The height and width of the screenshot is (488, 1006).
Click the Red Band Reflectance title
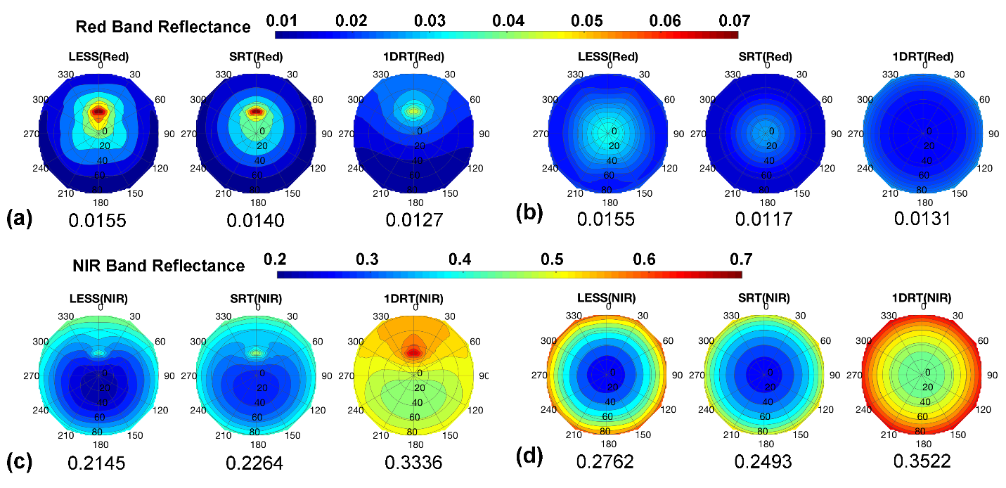pyautogui.click(x=162, y=27)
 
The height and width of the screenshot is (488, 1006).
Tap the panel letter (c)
pyautogui.click(x=19, y=462)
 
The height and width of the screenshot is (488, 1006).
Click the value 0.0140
pyautogui.click(x=255, y=221)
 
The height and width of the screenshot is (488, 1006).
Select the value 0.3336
pyautogui.click(x=414, y=462)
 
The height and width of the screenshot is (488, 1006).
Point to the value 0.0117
pyautogui.click(x=763, y=220)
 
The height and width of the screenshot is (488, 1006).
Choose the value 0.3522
pyautogui.click(x=922, y=461)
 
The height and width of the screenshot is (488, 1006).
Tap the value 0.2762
pyautogui.click(x=605, y=461)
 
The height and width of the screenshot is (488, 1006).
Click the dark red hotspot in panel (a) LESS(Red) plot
pyautogui.click(x=99, y=111)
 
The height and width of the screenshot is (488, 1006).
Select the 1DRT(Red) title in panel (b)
pyautogui.click(x=922, y=56)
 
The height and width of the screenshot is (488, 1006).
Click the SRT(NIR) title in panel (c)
pyautogui.click(x=257, y=298)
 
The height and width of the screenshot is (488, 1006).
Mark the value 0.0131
pyautogui.click(x=922, y=219)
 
